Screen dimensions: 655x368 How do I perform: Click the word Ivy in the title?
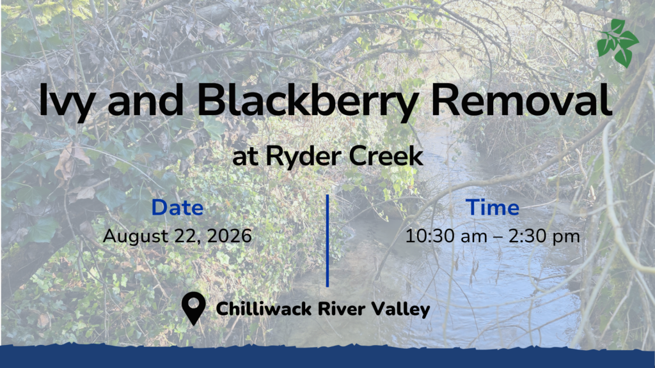(66, 101)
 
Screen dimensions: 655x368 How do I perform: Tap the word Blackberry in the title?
(308, 101)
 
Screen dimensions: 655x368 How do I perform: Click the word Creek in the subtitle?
(386, 156)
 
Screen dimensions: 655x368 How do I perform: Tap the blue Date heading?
(177, 208)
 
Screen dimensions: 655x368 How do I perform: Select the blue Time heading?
(493, 208)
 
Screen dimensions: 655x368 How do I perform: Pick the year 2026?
(230, 236)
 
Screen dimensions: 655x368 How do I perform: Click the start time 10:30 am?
(446, 236)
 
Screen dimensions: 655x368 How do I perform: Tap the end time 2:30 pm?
(544, 237)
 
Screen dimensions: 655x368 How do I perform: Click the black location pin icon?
(194, 308)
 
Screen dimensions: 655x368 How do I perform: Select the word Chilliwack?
(264, 309)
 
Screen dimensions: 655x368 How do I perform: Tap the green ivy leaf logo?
(617, 43)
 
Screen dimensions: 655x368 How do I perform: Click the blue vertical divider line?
(327, 241)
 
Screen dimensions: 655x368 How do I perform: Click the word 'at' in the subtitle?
(245, 158)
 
